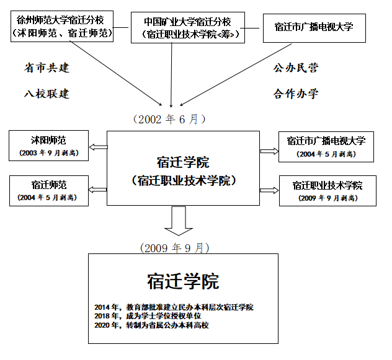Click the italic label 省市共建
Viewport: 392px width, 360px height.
pos(47,68)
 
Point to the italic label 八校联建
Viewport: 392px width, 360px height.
pos(47,94)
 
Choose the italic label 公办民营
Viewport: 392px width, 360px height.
pos(296,68)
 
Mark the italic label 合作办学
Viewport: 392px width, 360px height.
pos(296,94)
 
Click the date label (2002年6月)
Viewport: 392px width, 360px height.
pos(169,120)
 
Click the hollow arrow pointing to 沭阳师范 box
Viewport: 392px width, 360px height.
pos(98,147)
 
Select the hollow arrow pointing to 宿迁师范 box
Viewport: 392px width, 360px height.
pos(98,190)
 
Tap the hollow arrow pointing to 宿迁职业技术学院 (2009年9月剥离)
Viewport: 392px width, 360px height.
pos(269,190)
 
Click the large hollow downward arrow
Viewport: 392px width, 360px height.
pos(179,221)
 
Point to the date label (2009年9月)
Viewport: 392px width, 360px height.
pos(175,248)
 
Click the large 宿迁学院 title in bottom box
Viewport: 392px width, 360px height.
pos(183,281)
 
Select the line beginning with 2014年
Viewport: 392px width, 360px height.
pos(174,307)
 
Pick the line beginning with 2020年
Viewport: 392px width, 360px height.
pos(151,325)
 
